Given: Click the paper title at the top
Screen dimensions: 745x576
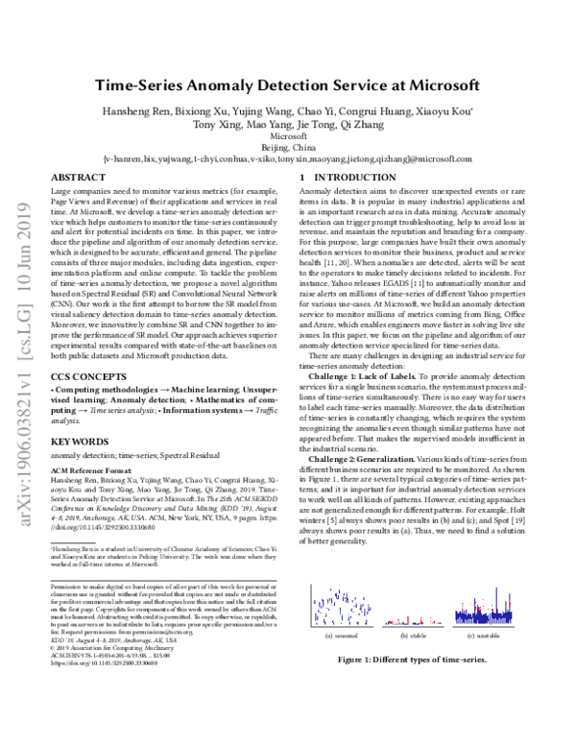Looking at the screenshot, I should pyautogui.click(x=286, y=84).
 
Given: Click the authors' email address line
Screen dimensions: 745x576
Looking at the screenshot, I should pyautogui.click(x=287, y=159).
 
